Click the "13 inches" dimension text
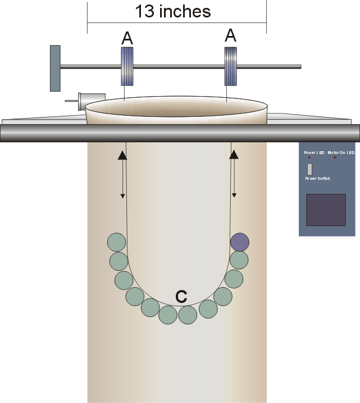[x=173, y=11]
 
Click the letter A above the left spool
[x=127, y=38]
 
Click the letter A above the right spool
[x=230, y=36]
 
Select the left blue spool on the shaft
[x=127, y=66]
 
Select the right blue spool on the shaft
[x=231, y=66]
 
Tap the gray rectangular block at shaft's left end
[x=55, y=68]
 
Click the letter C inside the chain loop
[x=181, y=297]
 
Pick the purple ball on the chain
[x=240, y=242]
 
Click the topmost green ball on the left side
[x=116, y=242]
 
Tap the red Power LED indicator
[x=309, y=157]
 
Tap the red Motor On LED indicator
[x=335, y=157]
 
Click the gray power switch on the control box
[x=309, y=169]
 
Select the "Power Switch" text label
[x=318, y=179]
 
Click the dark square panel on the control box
[x=326, y=210]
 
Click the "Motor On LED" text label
[x=341, y=152]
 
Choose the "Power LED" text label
[x=314, y=152]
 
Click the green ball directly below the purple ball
[x=239, y=260]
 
